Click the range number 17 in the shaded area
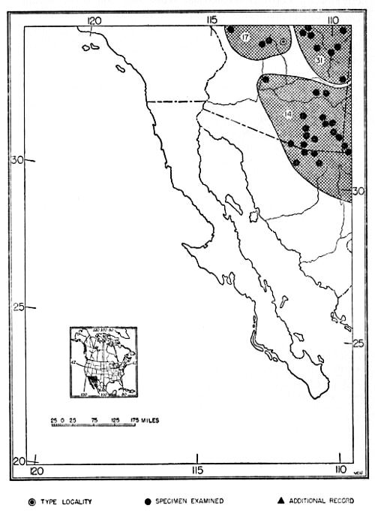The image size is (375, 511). (x=245, y=37)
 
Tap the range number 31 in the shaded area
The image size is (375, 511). (x=319, y=60)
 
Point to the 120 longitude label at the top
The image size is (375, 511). (x=94, y=20)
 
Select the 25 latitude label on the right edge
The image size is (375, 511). (x=358, y=343)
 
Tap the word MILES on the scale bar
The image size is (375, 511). (x=148, y=419)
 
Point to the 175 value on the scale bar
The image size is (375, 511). (x=129, y=419)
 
